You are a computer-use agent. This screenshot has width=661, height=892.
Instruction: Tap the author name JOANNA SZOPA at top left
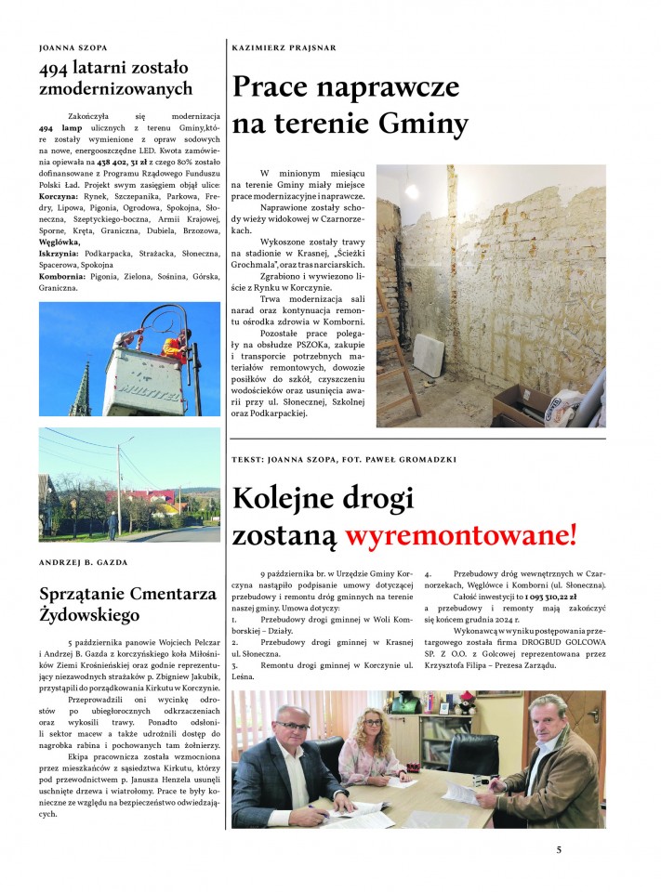(73, 46)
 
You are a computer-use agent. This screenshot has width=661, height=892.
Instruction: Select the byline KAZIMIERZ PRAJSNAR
(283, 46)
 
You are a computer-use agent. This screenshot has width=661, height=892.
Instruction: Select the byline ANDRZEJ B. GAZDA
(85, 562)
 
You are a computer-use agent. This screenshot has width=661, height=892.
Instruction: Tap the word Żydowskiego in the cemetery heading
(90, 615)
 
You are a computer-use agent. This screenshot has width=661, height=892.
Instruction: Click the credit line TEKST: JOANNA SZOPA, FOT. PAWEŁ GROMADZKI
(344, 458)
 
